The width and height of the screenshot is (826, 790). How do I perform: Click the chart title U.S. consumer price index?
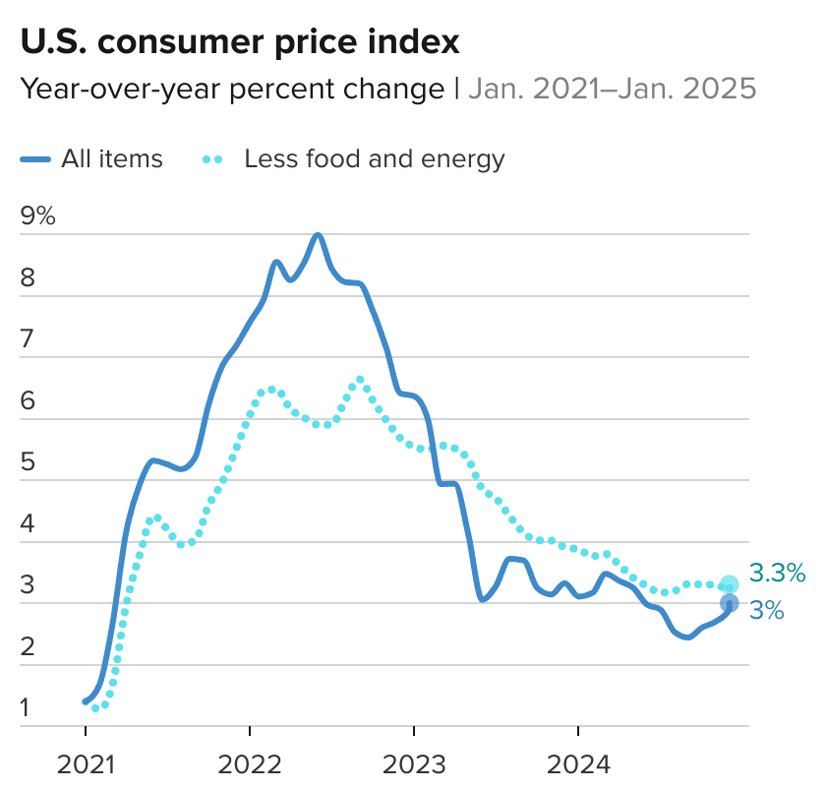240,42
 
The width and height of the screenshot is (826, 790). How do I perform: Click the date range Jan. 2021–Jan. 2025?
612,90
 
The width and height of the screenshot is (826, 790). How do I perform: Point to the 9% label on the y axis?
37,216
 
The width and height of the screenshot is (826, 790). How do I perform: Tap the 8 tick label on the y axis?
28,278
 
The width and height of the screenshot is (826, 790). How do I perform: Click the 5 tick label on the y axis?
28,462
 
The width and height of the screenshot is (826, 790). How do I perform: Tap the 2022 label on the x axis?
251,764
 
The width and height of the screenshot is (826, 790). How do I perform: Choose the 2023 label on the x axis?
415,764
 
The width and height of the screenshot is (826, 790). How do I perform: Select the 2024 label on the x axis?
578,764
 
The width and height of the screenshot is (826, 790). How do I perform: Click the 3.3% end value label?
777,573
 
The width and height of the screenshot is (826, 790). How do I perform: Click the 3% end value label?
766,610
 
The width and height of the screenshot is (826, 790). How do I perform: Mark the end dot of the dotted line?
729,584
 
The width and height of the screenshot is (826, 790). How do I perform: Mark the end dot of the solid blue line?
729,603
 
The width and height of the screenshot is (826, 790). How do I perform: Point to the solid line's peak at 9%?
318,235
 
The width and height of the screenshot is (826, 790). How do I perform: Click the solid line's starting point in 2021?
86,701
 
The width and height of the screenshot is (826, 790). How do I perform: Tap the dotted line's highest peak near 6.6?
360,379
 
